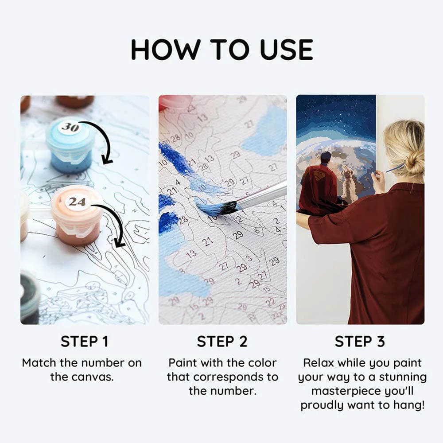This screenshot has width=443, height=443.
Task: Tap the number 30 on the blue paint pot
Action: click(x=70, y=127)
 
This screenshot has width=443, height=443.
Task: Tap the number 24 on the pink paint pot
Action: click(x=77, y=202)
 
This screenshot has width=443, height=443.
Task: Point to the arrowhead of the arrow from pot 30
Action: click(x=107, y=160)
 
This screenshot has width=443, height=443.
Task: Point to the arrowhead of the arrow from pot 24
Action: click(x=120, y=242)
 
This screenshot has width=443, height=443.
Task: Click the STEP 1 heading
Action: click(x=85, y=341)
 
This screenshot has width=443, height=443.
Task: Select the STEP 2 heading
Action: click(x=222, y=341)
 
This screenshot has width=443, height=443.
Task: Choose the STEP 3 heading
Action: click(x=360, y=341)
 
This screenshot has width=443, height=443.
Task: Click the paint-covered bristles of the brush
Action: click(x=216, y=208)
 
